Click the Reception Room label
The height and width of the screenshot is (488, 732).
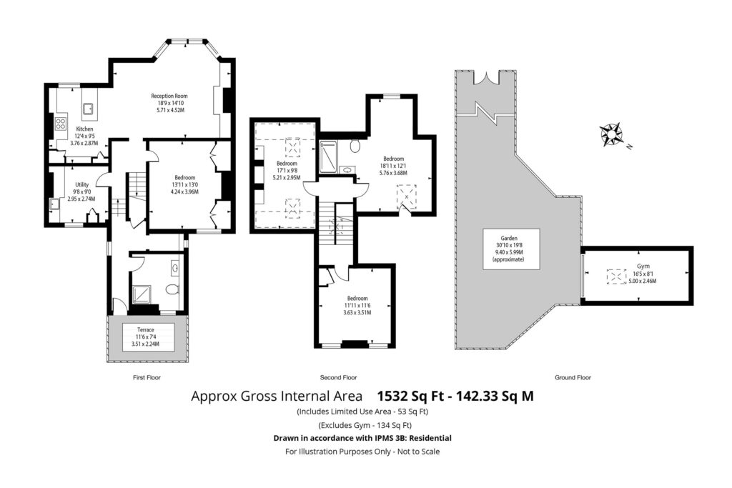point(169,103)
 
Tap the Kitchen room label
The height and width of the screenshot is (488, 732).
point(84,136)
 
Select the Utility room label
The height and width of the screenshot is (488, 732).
point(81,191)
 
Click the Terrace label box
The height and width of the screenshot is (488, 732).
point(146,337)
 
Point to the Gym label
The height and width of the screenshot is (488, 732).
point(643,274)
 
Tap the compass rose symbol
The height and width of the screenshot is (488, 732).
point(612,134)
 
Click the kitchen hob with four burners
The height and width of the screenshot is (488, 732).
point(61,124)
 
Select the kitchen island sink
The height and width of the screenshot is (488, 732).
point(88,109)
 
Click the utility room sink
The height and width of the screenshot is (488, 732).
point(54,204)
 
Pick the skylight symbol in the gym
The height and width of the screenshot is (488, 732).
point(616,277)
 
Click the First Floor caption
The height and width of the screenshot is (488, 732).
point(147,377)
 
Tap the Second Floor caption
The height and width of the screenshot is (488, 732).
point(338,377)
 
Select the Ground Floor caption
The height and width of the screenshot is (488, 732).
point(573,377)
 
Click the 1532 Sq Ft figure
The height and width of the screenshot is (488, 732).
point(410,396)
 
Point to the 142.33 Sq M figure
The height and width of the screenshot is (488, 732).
point(495,396)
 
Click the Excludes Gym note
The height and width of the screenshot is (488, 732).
point(365,425)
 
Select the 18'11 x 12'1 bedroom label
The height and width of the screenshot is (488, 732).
point(393,166)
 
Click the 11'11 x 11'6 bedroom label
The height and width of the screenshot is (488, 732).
point(357,305)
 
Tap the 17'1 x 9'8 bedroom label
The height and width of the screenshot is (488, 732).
point(287,170)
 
